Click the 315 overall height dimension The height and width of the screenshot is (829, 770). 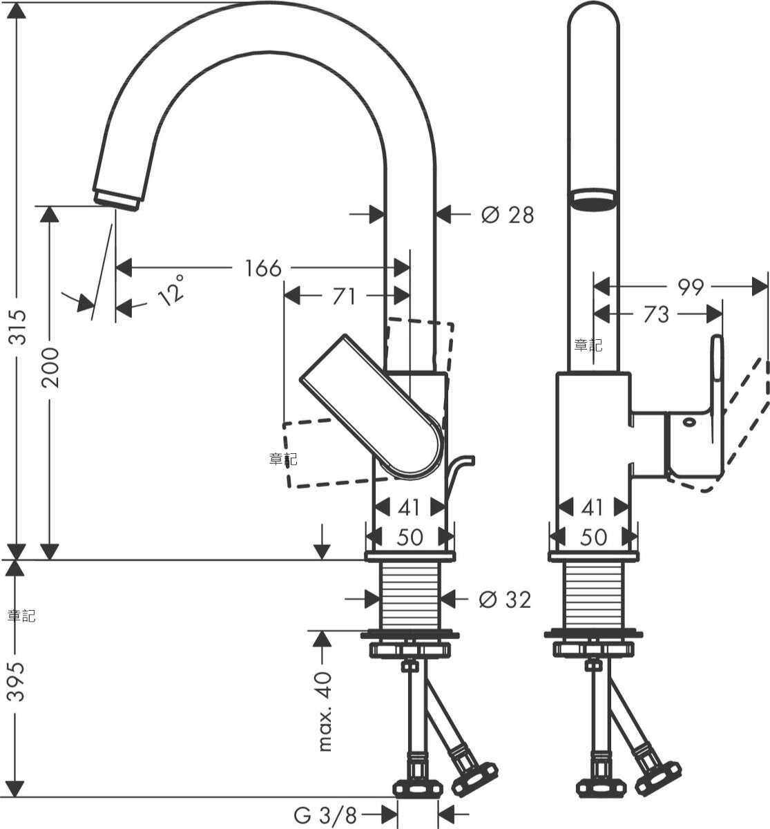coord(17,327)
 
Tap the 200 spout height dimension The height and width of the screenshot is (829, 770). coord(50,368)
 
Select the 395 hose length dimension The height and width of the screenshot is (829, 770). coord(17,681)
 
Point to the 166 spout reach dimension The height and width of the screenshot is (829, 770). coord(263,269)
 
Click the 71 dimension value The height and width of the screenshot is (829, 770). coord(344,296)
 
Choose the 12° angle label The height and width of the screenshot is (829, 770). coord(171,290)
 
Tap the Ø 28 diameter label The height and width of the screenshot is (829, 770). coord(508,215)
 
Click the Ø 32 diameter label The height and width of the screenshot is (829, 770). coord(505,600)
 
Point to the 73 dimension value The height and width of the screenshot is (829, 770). coord(656,314)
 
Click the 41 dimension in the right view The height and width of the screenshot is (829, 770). coord(593,508)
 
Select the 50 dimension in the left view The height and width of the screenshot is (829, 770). coord(410,537)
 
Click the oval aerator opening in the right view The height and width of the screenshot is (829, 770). coord(593,201)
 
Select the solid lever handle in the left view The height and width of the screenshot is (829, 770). coord(372,407)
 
